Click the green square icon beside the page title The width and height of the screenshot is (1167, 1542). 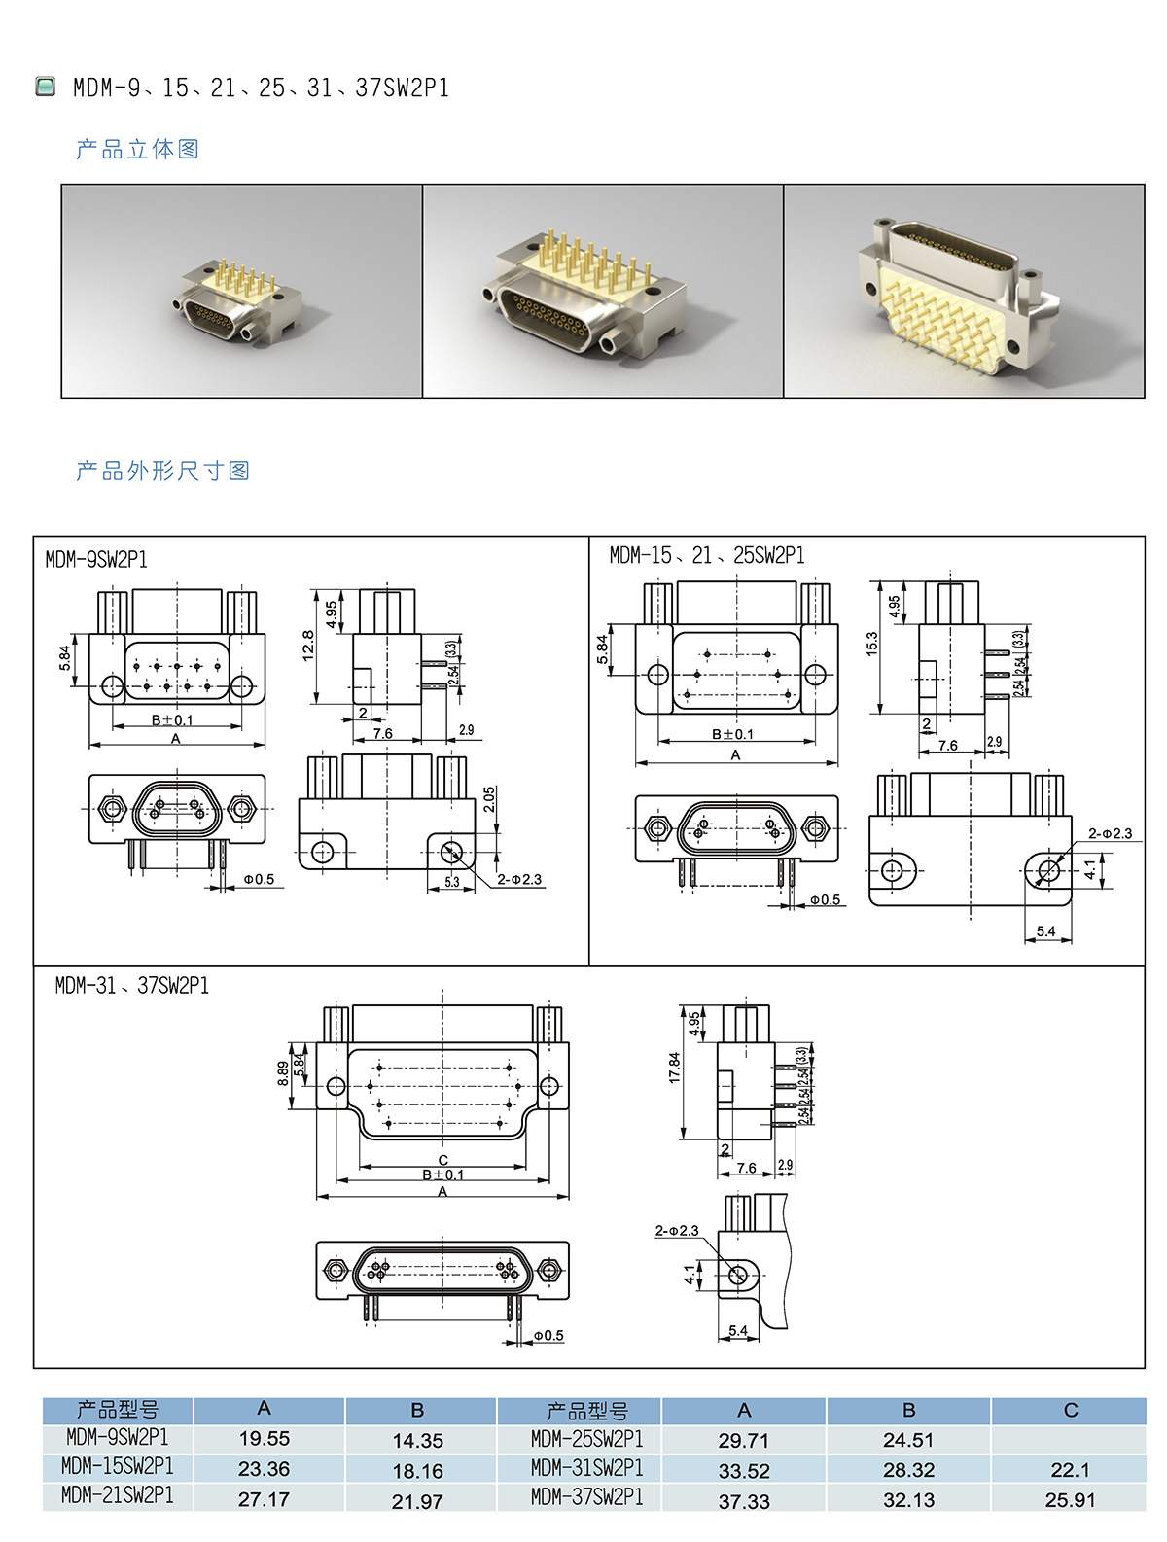tap(45, 87)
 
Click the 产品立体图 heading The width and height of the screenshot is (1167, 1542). tap(138, 149)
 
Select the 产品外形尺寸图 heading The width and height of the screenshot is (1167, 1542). tap(163, 470)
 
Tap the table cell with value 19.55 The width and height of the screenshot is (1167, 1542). tap(265, 1438)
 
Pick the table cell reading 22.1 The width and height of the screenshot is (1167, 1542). tap(1070, 1469)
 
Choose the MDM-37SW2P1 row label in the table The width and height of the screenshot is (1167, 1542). tap(586, 1497)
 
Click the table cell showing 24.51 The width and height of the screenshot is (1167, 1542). tap(907, 1440)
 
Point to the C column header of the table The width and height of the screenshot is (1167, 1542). tap(1070, 1410)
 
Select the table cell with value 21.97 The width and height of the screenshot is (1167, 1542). tap(417, 1501)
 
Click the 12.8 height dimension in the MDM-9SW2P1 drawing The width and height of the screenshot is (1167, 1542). tap(308, 646)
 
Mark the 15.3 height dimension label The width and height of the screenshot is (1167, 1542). tap(872, 645)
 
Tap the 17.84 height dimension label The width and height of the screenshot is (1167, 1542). tap(675, 1068)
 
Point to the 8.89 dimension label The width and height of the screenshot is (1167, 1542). tap(283, 1072)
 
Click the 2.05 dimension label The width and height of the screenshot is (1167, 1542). tap(489, 799)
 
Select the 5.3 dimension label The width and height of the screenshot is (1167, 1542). tap(452, 882)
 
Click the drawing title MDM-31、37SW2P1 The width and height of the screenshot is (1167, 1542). tap(132, 986)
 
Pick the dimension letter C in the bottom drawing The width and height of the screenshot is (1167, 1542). tap(442, 1160)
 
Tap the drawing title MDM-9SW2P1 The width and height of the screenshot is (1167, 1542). tap(96, 559)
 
